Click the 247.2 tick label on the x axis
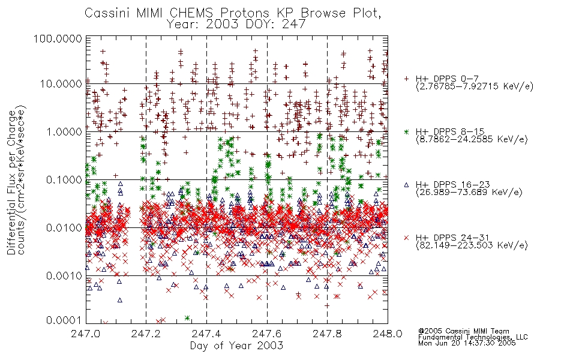pos(146,334)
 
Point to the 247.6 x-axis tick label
pos(267,334)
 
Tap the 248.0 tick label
pos(388,334)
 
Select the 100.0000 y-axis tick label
pos(58,38)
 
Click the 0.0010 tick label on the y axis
pos(64,276)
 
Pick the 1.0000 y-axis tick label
pos(64,132)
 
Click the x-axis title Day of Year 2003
pos(236,346)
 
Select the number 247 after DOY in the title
pos(294,24)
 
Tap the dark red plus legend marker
pos(406,79)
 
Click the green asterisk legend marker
pos(406,131)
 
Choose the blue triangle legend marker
pos(406,185)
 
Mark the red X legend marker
pos(406,238)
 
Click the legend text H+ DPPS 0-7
pos(447,79)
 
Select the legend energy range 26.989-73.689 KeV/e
pos(469,193)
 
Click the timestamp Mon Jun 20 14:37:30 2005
pos(467,343)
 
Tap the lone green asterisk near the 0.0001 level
pos(187,318)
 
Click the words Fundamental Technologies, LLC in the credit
pos(473,337)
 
